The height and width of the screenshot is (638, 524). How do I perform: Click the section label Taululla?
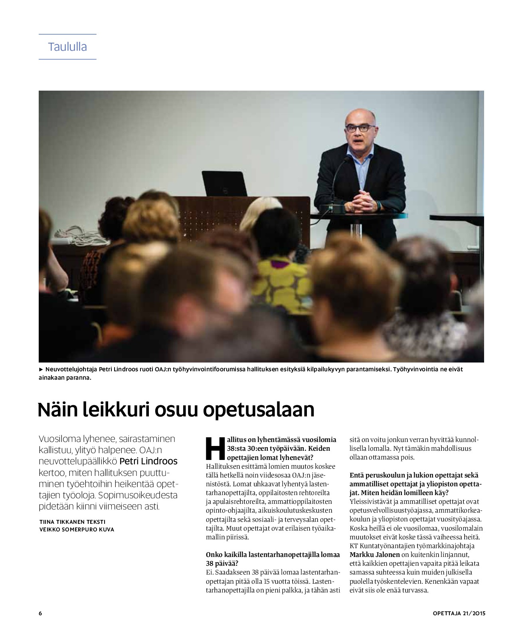click(67, 47)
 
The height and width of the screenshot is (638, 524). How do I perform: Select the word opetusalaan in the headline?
click(258, 410)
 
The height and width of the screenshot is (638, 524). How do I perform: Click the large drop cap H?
click(215, 448)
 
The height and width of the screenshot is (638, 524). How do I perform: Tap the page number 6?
click(40, 613)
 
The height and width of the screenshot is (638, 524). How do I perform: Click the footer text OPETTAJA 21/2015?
click(459, 613)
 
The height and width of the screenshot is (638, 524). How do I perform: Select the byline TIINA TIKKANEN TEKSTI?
click(73, 521)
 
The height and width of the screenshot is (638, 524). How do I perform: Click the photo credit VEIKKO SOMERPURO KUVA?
click(77, 529)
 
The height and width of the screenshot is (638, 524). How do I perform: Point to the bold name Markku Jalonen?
click(374, 555)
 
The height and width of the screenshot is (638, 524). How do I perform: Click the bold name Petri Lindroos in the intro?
click(148, 462)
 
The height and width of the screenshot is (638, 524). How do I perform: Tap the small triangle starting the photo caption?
click(41, 369)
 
